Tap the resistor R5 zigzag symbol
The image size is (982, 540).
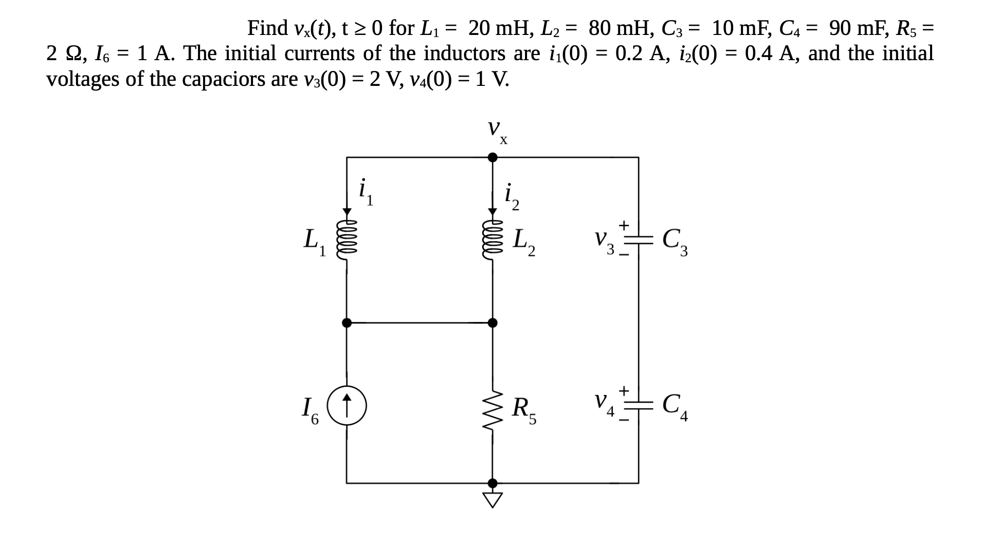click(492, 408)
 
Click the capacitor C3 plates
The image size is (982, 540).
click(639, 239)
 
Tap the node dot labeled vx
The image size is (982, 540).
click(492, 157)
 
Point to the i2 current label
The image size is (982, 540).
click(512, 196)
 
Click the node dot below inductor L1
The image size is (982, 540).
click(347, 323)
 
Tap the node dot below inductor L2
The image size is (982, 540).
click(492, 323)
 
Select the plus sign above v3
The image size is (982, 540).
click(624, 225)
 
